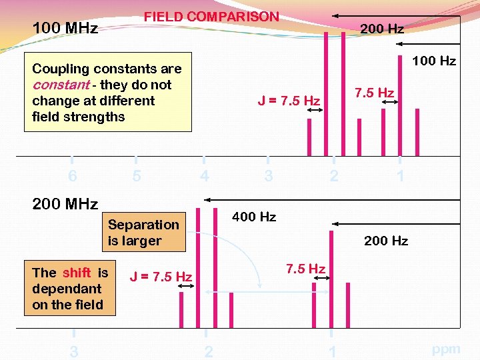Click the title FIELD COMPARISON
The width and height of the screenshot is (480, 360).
[211, 17]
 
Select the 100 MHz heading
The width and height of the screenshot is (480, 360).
[65, 28]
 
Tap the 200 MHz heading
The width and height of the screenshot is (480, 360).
[65, 203]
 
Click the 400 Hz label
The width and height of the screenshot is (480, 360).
[253, 217]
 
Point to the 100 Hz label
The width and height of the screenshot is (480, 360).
[433, 61]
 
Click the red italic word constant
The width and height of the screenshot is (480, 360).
[61, 85]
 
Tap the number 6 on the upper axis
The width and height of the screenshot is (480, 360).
[72, 176]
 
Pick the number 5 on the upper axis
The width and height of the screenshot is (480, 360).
[136, 176]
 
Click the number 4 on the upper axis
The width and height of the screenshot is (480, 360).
[204, 176]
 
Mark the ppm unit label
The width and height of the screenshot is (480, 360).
[446, 349]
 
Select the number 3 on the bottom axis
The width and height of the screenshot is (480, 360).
[73, 352]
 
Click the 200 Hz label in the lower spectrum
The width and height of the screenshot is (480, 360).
[385, 241]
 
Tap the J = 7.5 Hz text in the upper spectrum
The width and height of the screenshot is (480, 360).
[289, 101]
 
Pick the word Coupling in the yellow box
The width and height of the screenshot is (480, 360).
[61, 69]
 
